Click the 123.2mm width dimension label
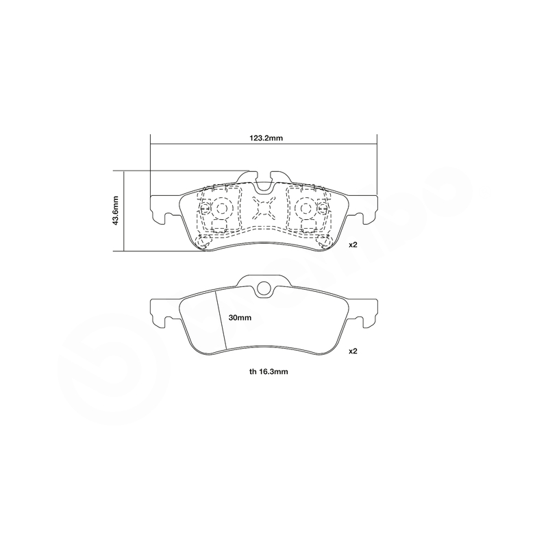coord(266,138)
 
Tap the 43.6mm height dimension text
coord(116,210)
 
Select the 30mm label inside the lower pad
coord(240,318)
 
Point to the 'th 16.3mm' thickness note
coord(269,371)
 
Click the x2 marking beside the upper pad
coord(353,245)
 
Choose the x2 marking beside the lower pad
coord(353,351)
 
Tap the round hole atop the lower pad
coord(264,288)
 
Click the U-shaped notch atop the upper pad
coord(264,184)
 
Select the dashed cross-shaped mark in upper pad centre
coord(264,208)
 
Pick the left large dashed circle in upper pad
coord(221,209)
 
